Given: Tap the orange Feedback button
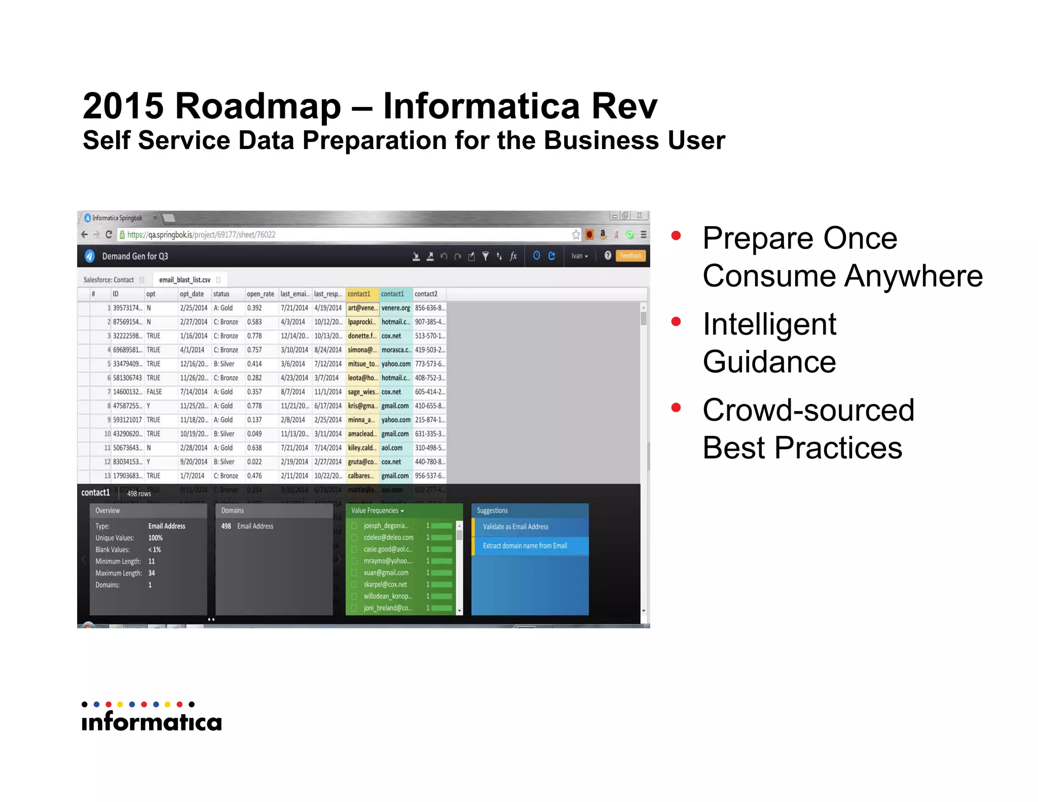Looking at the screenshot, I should (631, 256).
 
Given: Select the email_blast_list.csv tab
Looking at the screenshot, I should (184, 280).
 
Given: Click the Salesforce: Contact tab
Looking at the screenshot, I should (108, 280).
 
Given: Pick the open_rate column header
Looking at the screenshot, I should (260, 294).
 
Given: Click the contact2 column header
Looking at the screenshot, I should (426, 294).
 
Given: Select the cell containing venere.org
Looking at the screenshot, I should (395, 308).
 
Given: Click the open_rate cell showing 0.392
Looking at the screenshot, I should (254, 308).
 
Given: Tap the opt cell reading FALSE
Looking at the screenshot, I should (154, 392).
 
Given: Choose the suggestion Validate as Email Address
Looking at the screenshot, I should (515, 527).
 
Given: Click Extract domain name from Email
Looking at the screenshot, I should (525, 546).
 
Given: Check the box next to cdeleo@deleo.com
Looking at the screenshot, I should (354, 538).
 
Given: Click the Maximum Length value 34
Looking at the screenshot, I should (152, 573).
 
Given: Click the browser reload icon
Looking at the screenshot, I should (108, 235).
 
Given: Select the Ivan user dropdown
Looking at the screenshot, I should (579, 257).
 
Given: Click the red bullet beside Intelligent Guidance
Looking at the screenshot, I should (676, 322).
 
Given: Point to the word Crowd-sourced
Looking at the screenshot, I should (808, 410).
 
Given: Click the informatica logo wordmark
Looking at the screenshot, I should (152, 722).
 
